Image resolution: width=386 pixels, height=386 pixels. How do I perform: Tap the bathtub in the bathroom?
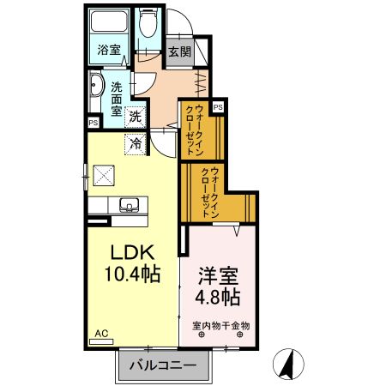tap(109, 24)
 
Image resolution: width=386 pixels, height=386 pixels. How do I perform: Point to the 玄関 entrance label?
tap(179, 51)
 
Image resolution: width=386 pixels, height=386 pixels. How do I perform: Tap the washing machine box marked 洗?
tap(136, 116)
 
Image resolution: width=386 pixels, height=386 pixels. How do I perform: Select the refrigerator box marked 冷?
tap(136, 143)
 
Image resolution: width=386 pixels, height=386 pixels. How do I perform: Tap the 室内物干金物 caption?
tap(220, 325)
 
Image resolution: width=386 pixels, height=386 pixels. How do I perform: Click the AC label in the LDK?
tap(100, 333)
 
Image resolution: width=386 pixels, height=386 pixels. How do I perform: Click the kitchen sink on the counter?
tap(128, 205)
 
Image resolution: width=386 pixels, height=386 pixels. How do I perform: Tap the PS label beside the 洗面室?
tap(92, 123)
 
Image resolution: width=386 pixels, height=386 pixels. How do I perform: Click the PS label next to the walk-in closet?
tap(218, 106)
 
